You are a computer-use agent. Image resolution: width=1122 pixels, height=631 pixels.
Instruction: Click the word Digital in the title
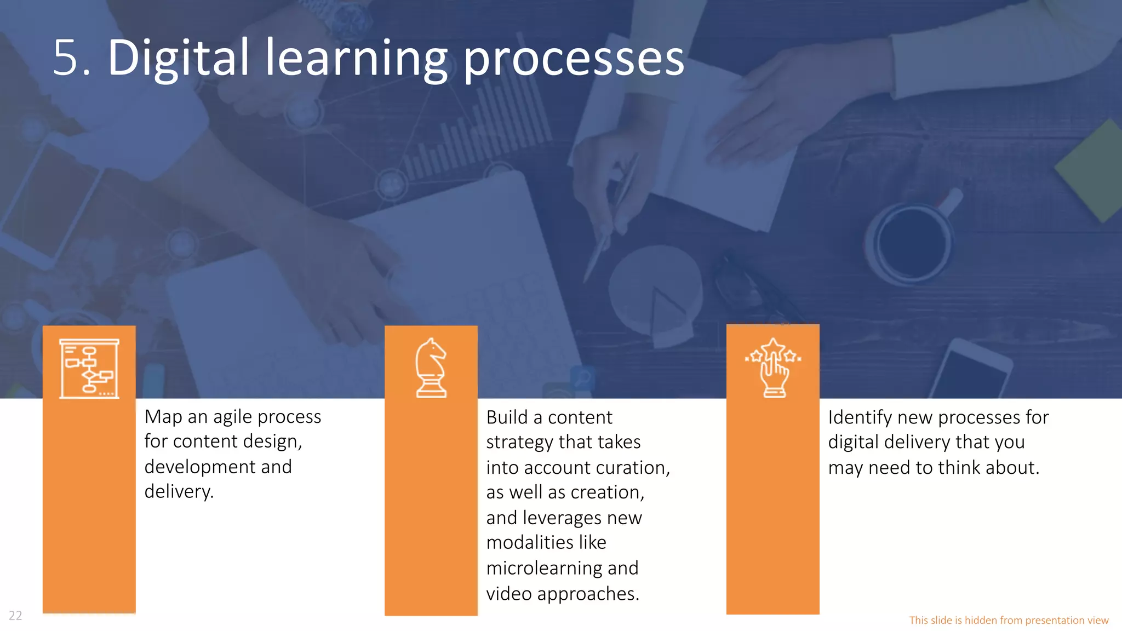click(179, 58)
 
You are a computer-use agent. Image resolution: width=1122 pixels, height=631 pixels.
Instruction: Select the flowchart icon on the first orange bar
click(89, 368)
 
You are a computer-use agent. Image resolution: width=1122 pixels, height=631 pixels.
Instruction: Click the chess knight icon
click(431, 368)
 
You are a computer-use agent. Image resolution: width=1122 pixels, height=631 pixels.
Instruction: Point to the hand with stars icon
click(773, 367)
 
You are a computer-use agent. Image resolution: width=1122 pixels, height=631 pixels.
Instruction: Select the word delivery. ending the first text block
click(179, 491)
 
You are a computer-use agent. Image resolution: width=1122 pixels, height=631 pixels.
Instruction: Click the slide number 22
click(15, 616)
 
